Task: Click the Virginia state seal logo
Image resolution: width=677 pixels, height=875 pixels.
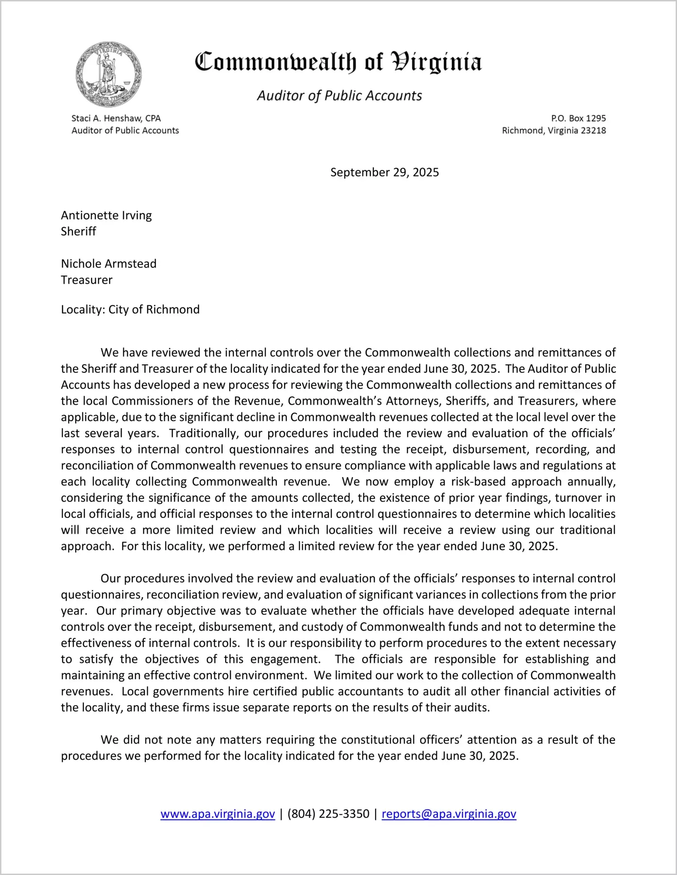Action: pyautogui.click(x=109, y=75)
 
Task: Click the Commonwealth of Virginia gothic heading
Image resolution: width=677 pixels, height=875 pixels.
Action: pyautogui.click(x=338, y=63)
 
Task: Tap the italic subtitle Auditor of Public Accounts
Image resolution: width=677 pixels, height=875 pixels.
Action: pyautogui.click(x=339, y=96)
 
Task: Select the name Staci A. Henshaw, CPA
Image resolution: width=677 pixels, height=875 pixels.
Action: pyautogui.click(x=116, y=118)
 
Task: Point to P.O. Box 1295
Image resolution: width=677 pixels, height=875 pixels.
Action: pyautogui.click(x=578, y=118)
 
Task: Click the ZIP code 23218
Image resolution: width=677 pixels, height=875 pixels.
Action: pyautogui.click(x=593, y=131)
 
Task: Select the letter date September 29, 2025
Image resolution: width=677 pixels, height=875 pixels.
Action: pyautogui.click(x=384, y=172)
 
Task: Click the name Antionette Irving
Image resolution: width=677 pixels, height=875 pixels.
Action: pyautogui.click(x=106, y=215)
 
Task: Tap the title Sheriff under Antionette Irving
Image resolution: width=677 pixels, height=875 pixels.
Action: pyautogui.click(x=78, y=232)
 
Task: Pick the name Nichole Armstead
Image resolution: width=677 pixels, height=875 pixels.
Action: pyautogui.click(x=109, y=264)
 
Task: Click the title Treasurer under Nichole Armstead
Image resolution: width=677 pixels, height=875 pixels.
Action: pyautogui.click(x=87, y=280)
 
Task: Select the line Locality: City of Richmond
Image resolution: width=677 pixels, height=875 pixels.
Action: pyautogui.click(x=130, y=309)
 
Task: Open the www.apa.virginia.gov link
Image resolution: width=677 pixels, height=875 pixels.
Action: pyautogui.click(x=218, y=814)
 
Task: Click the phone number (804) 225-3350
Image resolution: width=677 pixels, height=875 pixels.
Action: pyautogui.click(x=328, y=814)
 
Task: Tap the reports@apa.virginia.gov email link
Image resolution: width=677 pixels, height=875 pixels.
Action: pyautogui.click(x=449, y=814)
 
